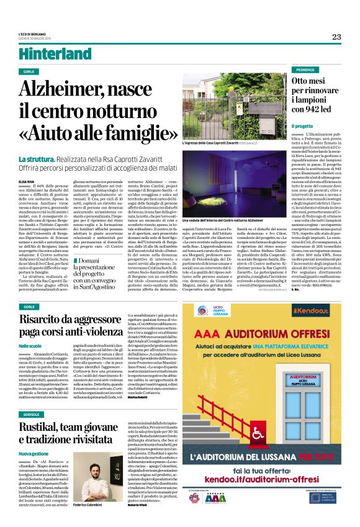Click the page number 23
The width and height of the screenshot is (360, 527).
336,37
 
